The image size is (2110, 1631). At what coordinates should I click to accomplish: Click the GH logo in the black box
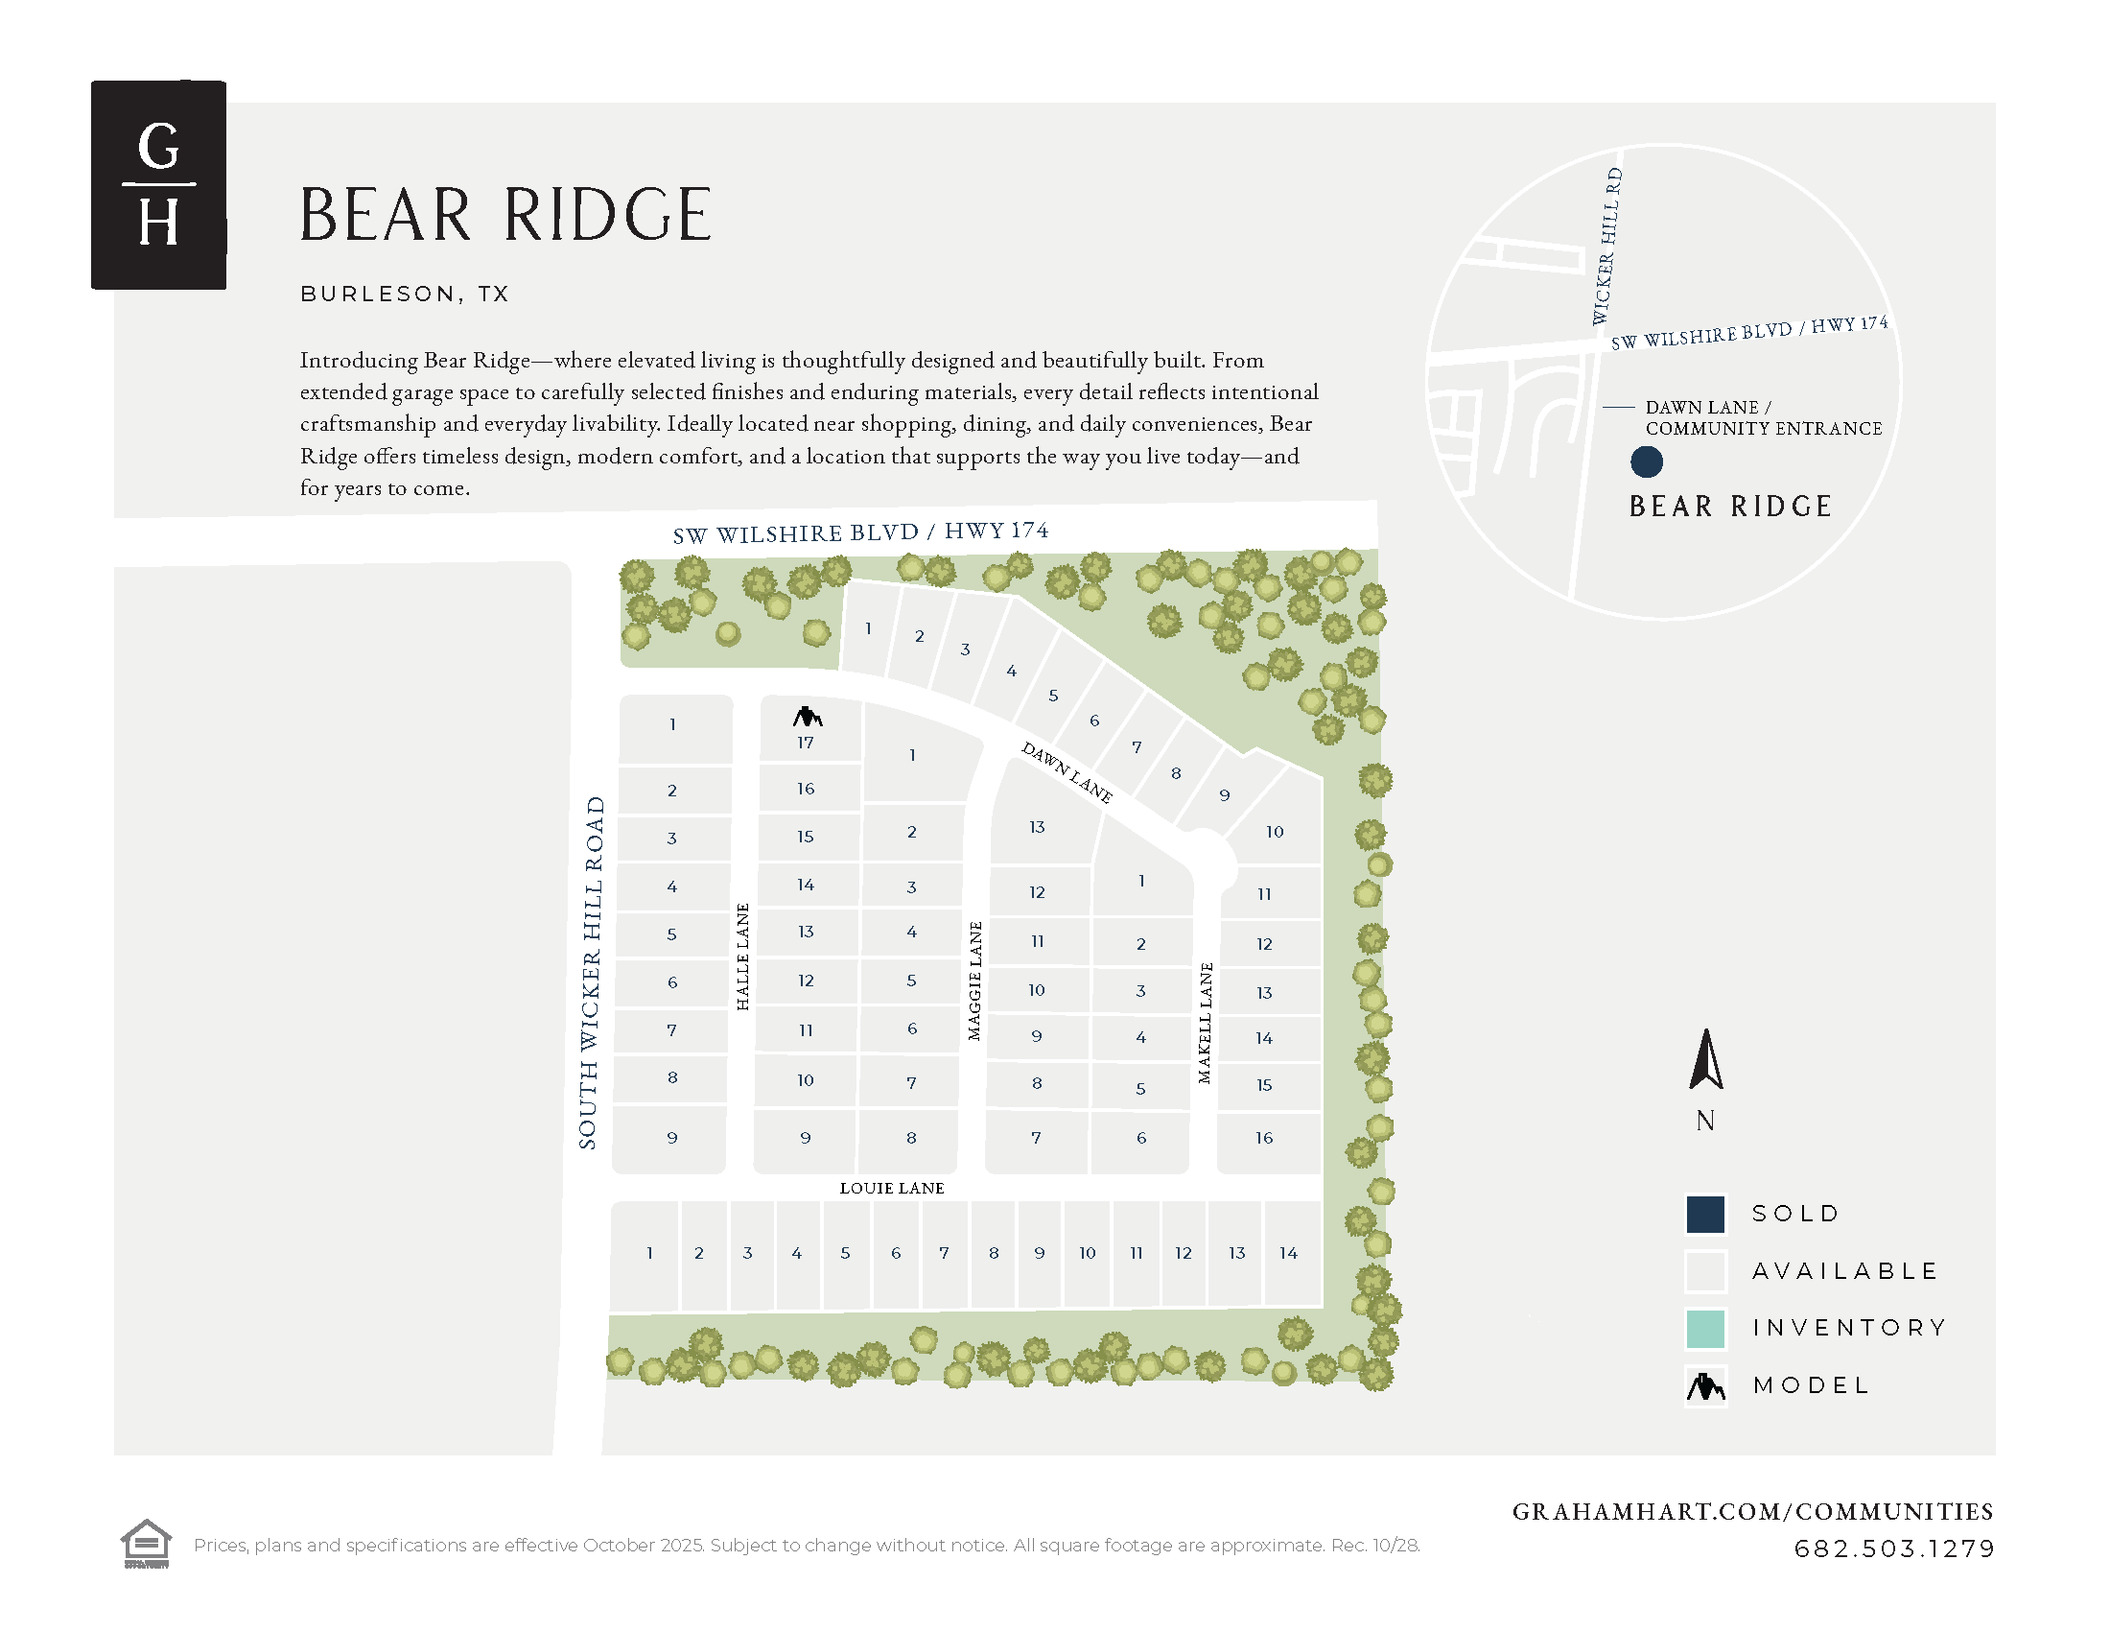click(158, 184)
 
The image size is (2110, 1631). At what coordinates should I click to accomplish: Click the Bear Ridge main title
click(505, 215)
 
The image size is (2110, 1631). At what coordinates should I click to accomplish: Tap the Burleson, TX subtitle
click(405, 294)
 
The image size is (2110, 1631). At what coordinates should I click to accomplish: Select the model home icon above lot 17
click(807, 717)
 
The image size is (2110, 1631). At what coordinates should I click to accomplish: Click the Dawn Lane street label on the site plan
click(1067, 772)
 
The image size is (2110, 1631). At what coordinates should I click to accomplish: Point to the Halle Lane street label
click(742, 957)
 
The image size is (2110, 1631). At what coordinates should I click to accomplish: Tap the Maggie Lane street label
click(974, 981)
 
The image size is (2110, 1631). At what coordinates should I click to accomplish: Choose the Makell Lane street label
click(1205, 1023)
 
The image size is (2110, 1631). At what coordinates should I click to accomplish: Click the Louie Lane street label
click(892, 1189)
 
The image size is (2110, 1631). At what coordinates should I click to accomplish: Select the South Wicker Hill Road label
click(591, 972)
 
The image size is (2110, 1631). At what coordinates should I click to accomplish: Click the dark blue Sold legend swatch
click(1705, 1215)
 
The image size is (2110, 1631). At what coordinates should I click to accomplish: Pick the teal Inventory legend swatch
click(1705, 1329)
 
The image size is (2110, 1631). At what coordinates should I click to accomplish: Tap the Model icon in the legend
click(1705, 1386)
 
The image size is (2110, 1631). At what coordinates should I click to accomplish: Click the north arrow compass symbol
click(1706, 1060)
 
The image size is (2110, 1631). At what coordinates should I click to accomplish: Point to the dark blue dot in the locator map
click(1646, 461)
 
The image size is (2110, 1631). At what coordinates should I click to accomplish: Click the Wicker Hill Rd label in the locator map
click(1606, 247)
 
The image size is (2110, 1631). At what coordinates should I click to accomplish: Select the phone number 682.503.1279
click(1893, 1548)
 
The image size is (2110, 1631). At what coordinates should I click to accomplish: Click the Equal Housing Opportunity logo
click(146, 1543)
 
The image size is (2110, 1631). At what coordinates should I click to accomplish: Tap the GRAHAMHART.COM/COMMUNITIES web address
click(1752, 1512)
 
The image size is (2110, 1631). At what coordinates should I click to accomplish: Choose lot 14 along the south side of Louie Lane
click(1290, 1253)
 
